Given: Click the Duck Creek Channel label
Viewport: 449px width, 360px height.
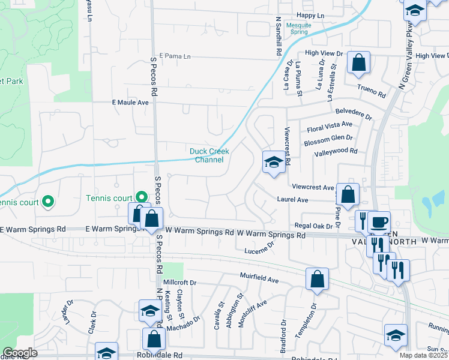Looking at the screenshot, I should [x=206, y=155].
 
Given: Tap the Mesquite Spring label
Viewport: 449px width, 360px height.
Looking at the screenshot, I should [x=298, y=29].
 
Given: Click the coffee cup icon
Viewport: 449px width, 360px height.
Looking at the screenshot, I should [x=379, y=221].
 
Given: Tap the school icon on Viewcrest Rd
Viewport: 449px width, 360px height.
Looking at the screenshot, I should [x=273, y=162].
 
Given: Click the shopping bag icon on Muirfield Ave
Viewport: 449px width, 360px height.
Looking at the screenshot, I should [x=317, y=279].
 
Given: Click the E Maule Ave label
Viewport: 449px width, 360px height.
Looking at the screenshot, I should [x=130, y=103].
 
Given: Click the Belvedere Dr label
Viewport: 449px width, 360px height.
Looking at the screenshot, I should [x=353, y=113].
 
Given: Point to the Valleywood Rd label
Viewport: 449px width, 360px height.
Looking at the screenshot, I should [x=336, y=152].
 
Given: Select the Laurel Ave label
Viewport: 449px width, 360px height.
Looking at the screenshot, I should [x=292, y=199].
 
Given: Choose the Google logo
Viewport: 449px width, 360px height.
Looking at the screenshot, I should [x=20, y=353].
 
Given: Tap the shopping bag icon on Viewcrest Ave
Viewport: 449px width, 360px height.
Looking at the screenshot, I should [x=348, y=194].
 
